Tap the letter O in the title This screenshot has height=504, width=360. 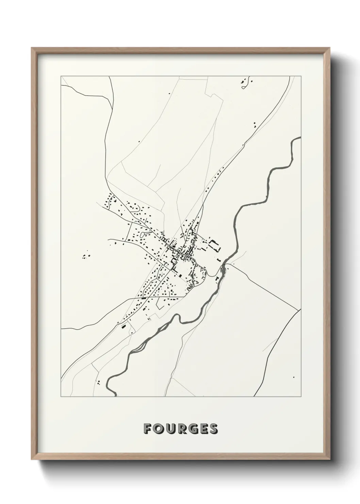[x=159, y=429]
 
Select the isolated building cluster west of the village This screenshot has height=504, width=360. [x=85, y=255]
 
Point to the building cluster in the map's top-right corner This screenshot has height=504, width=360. [x=246, y=83]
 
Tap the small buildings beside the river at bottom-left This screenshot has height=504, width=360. [x=98, y=382]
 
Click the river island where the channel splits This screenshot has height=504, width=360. [x=223, y=271]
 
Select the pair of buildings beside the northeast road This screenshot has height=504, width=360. [x=254, y=124]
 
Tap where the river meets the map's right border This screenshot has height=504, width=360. [x=300, y=138]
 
